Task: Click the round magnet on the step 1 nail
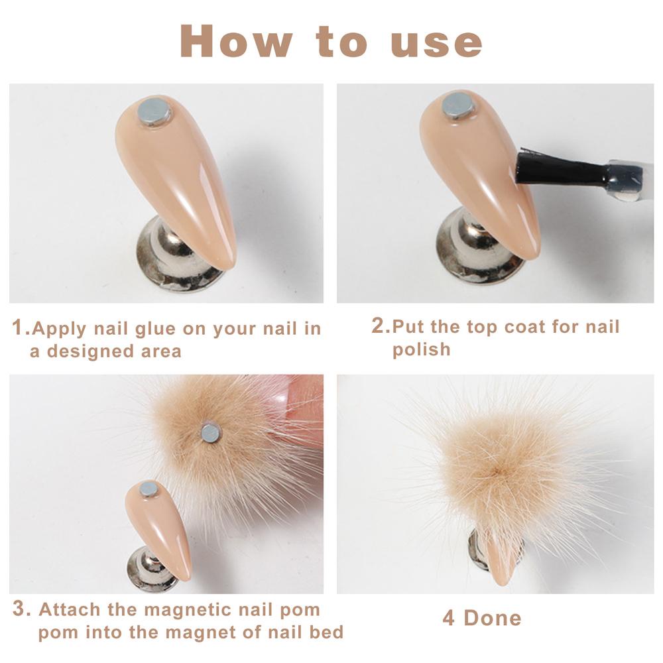(154, 111)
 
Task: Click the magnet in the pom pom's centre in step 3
(211, 432)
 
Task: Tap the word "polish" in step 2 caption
(422, 349)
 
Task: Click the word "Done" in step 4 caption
(493, 618)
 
